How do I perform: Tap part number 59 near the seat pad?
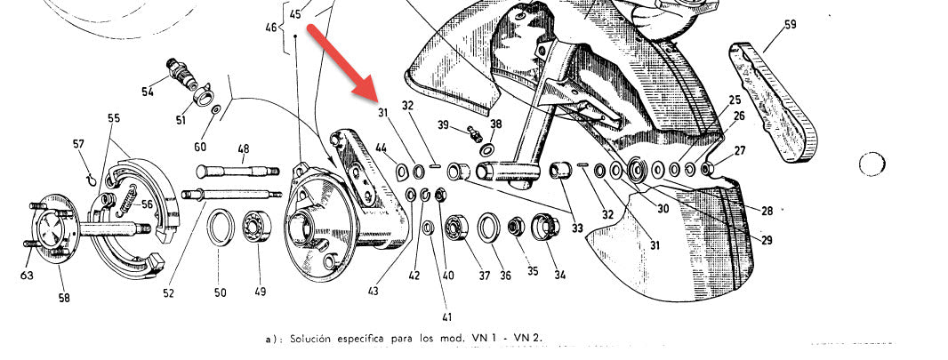[x=791, y=25]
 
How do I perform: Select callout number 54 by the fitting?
[x=148, y=92]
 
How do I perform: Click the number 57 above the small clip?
[x=78, y=144]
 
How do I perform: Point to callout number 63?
[x=27, y=276]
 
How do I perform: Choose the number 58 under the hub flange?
[x=63, y=298]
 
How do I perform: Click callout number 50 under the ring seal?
[x=220, y=293]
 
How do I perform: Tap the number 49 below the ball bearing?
[x=260, y=292]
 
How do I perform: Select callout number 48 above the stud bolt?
[x=243, y=148]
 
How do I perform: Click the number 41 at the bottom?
[x=446, y=316]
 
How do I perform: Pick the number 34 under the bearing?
[x=560, y=276]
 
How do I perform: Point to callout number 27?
[x=740, y=151]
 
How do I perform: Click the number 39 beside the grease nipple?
[x=443, y=125]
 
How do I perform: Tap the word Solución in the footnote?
[x=310, y=339]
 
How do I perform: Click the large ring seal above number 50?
[x=221, y=227]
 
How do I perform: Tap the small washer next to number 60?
[x=216, y=110]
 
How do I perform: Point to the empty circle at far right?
[x=872, y=164]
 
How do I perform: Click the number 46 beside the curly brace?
[x=271, y=28]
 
